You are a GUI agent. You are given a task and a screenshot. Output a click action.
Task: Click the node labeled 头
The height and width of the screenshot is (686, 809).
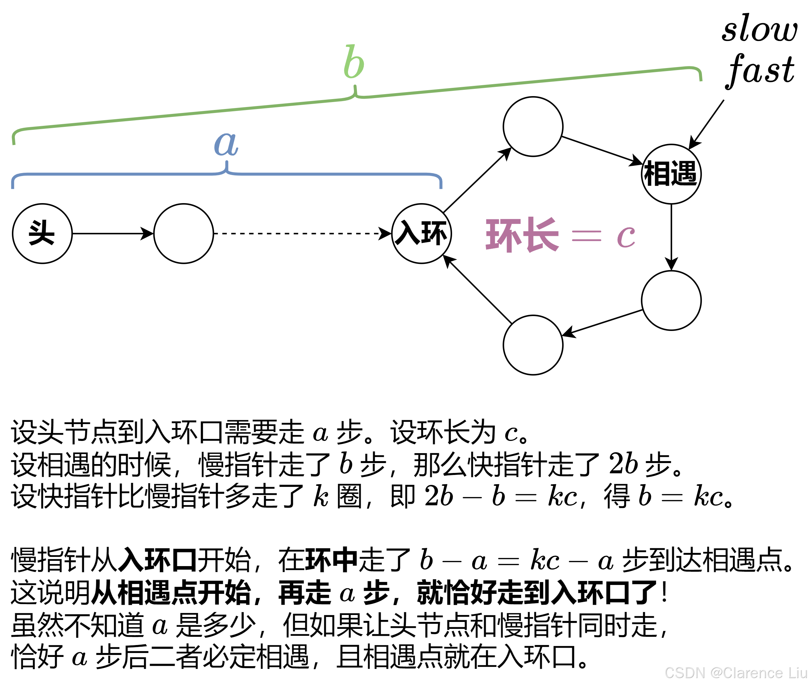tap(42, 233)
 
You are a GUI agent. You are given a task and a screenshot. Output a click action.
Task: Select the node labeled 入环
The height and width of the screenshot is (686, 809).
tap(421, 233)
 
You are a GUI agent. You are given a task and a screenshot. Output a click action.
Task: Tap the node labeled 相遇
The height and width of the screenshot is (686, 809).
tap(671, 174)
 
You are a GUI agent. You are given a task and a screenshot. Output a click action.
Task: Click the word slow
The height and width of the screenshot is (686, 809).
tap(759, 29)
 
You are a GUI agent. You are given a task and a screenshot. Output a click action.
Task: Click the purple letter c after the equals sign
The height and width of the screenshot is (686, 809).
tap(626, 236)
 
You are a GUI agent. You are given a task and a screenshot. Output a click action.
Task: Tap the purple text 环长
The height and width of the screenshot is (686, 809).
tap(522, 235)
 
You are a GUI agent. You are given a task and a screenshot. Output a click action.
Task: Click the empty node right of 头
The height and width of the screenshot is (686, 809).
tap(183, 233)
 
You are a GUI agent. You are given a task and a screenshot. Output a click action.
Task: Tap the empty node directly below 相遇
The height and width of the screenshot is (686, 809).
tap(671, 300)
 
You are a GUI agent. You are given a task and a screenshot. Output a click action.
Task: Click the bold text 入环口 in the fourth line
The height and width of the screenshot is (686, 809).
tap(158, 560)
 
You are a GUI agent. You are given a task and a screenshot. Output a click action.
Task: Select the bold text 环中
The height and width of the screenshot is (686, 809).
tap(331, 560)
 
